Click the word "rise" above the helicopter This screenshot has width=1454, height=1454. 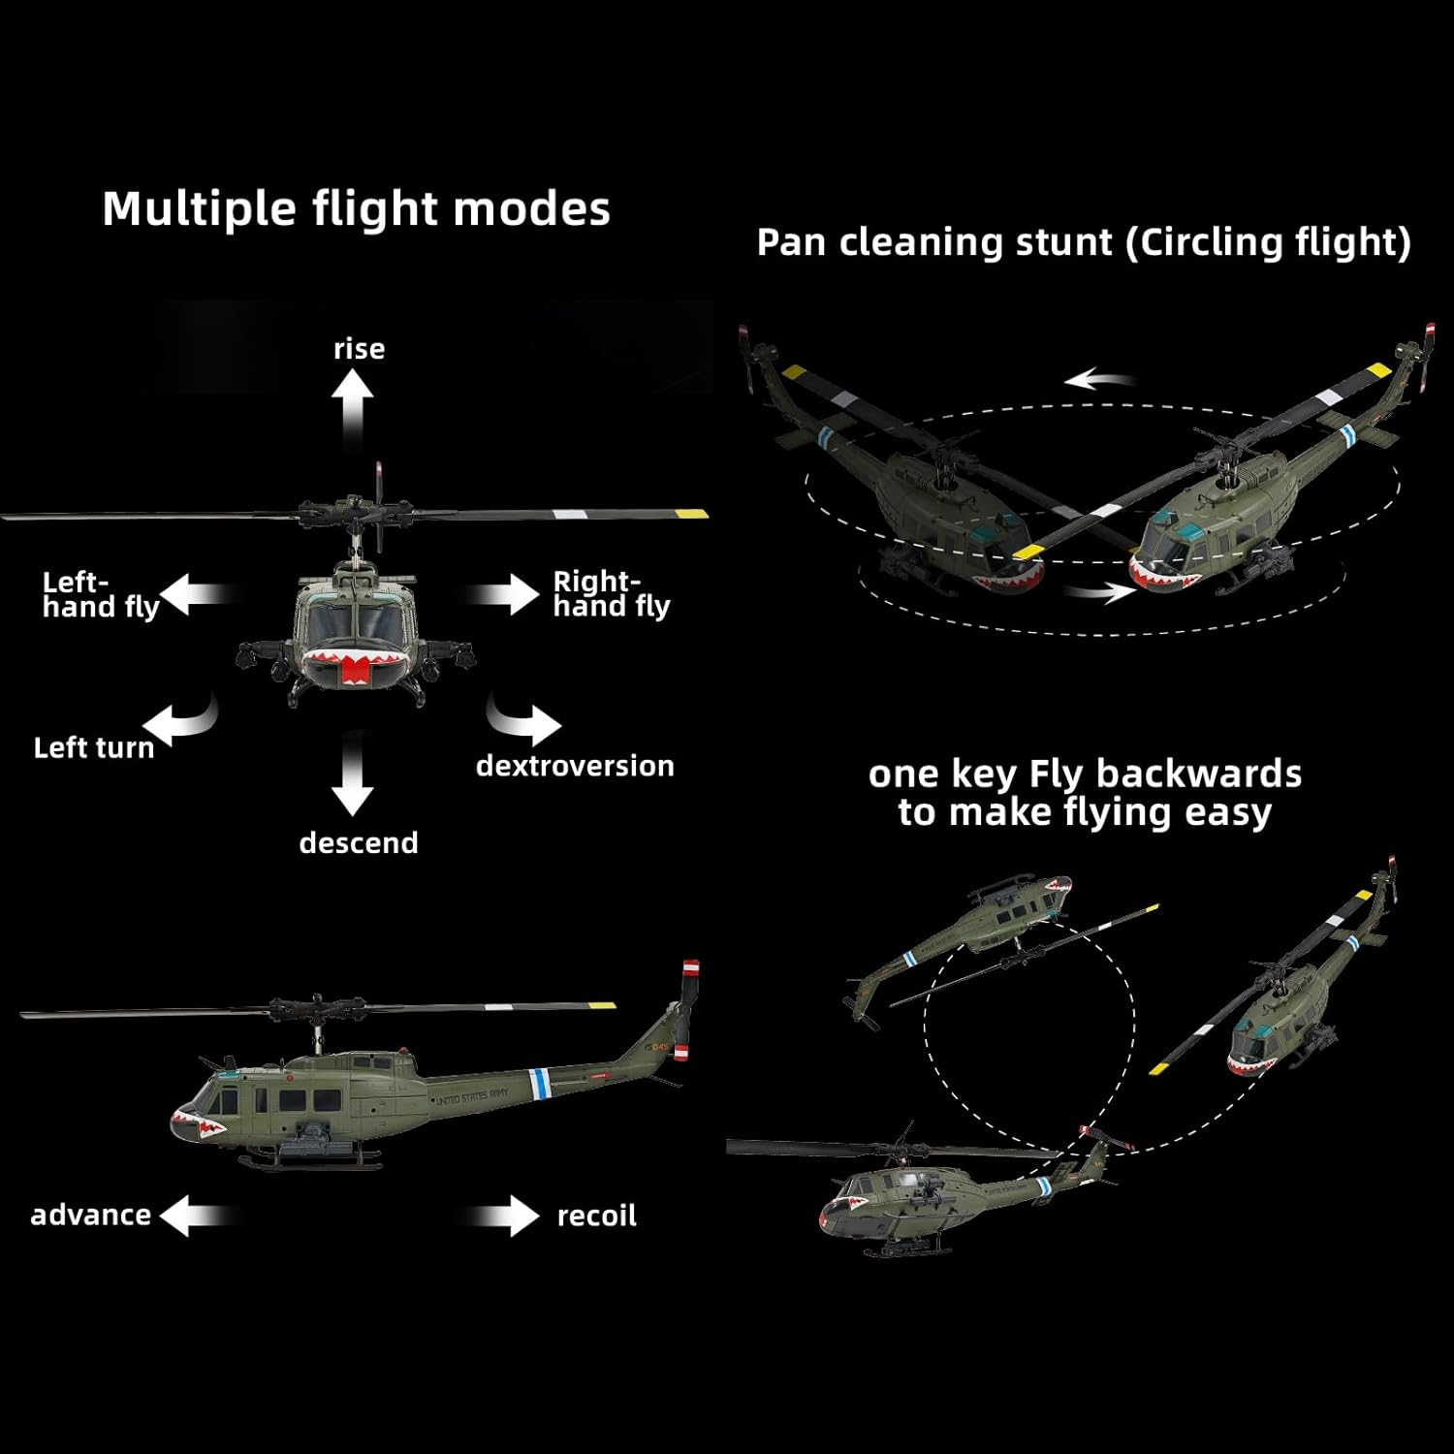click(x=359, y=349)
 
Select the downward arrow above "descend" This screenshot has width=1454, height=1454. click(x=352, y=775)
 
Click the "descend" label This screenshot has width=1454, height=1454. click(x=359, y=843)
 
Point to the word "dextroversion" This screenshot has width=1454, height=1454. click(x=575, y=766)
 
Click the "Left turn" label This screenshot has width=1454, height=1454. click(x=94, y=748)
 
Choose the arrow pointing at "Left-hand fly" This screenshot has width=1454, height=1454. click(x=199, y=593)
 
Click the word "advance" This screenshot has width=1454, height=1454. click(x=90, y=1216)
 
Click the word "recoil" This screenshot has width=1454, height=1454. click(x=597, y=1216)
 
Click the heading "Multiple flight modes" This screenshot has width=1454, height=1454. click(x=357, y=209)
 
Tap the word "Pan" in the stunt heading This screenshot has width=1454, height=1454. click(x=791, y=242)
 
